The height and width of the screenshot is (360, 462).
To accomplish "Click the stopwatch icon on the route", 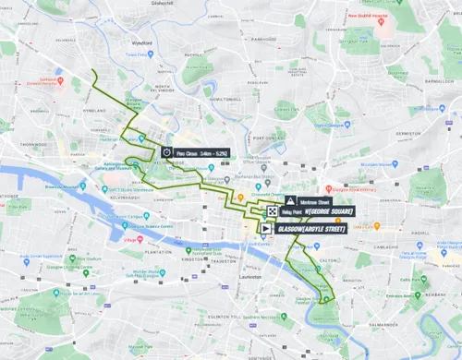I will pyautogui.click(x=167, y=152).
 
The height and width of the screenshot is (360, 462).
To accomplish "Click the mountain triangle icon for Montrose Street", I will pyautogui.click(x=290, y=199).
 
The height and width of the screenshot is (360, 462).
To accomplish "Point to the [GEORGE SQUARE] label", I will pyautogui.click(x=328, y=211).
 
